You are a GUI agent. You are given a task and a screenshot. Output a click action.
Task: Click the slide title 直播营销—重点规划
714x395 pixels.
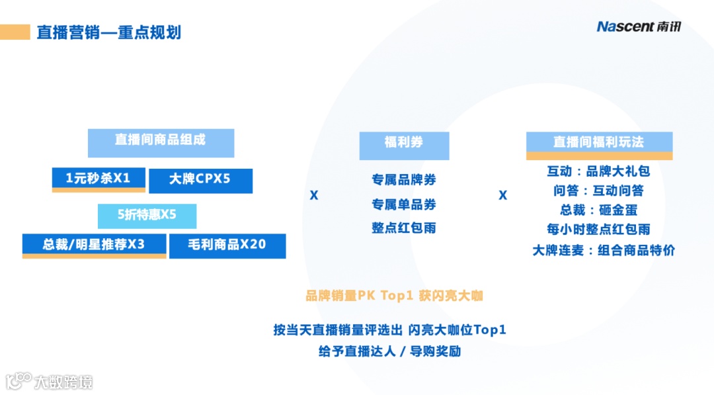click(x=108, y=32)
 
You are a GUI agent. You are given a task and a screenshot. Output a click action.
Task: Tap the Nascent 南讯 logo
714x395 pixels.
click(x=638, y=26)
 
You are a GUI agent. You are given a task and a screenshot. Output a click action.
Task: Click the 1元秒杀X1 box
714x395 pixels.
click(x=99, y=179)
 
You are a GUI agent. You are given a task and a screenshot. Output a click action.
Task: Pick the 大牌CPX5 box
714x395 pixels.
click(x=200, y=180)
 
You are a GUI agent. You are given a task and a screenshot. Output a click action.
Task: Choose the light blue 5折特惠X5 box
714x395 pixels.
click(x=147, y=215)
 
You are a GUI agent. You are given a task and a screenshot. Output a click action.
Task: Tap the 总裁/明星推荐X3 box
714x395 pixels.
click(x=94, y=245)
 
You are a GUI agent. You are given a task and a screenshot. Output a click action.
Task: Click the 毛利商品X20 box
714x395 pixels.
click(x=227, y=245)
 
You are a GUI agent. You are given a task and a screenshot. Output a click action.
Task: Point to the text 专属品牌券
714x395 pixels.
click(x=404, y=179)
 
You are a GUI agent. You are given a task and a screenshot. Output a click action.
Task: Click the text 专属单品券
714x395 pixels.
click(x=404, y=204)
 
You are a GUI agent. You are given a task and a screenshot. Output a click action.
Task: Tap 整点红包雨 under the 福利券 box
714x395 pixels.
click(x=404, y=228)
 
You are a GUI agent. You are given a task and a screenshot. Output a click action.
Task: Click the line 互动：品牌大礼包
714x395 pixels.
click(x=599, y=171)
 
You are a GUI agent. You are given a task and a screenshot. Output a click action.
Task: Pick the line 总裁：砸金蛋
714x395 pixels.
click(x=599, y=210)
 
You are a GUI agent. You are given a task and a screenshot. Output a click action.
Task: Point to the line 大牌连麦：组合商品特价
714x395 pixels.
click(x=604, y=250)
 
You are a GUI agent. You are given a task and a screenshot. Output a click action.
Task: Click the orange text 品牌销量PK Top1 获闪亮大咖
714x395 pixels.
click(x=394, y=296)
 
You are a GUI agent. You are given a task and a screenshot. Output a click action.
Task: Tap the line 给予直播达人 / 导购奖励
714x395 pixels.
click(x=389, y=351)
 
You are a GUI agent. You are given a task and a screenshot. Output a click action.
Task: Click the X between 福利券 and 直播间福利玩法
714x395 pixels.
click(x=502, y=195)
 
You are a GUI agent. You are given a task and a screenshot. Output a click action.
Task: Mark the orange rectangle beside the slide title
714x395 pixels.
click(x=15, y=32)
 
